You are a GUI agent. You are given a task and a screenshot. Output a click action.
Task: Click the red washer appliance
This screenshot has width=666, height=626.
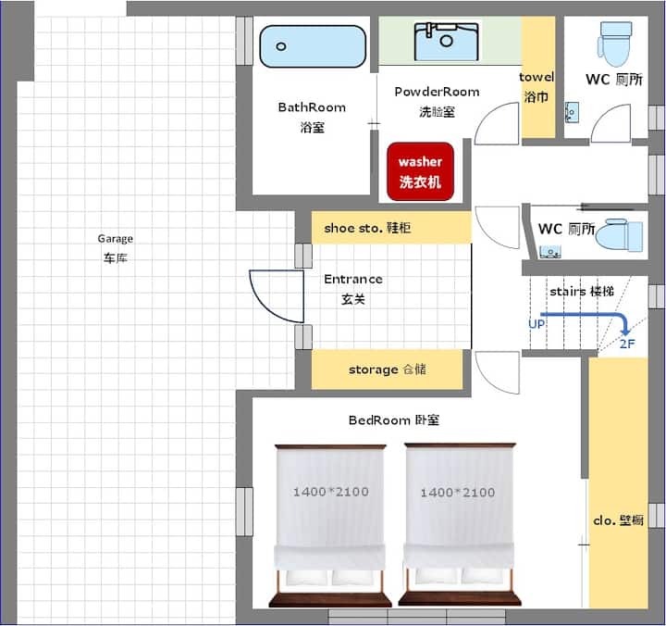coord(421,172)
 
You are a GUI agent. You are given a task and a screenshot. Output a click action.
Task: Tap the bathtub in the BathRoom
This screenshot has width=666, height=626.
coord(313,46)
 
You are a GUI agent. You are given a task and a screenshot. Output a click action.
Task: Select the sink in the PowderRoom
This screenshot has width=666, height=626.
coord(447,42)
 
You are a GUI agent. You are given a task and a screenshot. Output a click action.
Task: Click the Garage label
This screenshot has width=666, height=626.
coord(115,239)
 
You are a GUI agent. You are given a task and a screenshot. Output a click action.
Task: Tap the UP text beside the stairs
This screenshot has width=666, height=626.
coord(536,324)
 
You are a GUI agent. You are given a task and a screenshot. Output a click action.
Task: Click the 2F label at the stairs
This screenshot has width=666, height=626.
coord(627,344)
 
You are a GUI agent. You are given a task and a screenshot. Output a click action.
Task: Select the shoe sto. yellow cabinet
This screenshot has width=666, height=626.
coord(391,228)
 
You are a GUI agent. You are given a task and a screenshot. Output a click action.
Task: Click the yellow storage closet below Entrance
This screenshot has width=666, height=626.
coord(387,369)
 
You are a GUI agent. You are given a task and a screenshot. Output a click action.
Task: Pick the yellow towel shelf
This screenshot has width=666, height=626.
coord(538,78)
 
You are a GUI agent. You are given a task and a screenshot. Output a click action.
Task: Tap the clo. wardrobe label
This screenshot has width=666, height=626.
coord(619,520)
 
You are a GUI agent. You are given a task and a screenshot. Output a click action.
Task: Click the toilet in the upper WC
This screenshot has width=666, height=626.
coord(614,44)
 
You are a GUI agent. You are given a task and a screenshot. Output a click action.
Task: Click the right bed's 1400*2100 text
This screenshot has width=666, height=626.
coord(458,493)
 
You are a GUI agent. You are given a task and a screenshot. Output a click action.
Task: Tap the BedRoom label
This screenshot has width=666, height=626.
coord(394,420)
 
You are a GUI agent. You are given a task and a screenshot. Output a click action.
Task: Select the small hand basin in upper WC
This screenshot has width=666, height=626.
coord(572,113)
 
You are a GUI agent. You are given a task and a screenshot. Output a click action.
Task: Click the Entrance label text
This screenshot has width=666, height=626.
coord(353,279)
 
